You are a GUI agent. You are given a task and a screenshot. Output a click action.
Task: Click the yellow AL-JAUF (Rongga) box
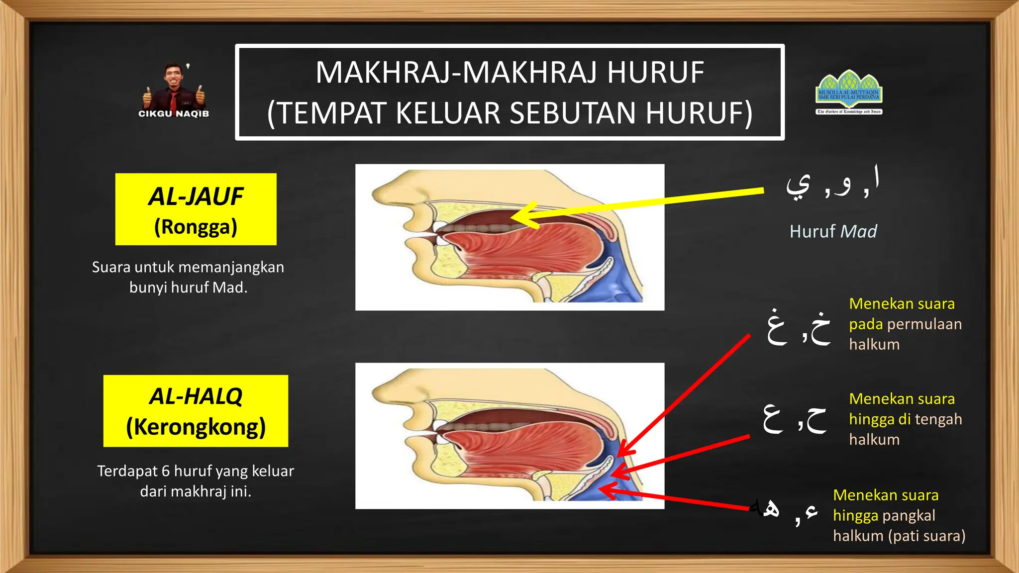(196, 209)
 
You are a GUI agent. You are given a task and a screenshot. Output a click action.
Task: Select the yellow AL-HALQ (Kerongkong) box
(196, 411)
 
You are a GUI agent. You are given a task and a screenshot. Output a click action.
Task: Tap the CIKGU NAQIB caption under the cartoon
(174, 114)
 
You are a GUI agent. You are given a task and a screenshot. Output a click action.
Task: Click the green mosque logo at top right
(849, 92)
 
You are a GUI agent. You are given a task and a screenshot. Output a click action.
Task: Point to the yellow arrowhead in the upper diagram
(522, 216)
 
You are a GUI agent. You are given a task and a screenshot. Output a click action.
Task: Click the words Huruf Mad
(833, 232)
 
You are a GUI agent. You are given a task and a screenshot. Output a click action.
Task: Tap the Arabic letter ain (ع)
(773, 418)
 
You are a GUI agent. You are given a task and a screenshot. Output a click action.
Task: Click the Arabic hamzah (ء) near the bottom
(811, 511)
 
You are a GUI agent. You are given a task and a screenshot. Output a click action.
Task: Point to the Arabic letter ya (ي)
(798, 185)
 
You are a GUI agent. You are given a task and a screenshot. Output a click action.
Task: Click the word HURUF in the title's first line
(655, 73)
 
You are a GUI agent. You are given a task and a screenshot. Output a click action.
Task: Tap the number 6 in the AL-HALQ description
(165, 471)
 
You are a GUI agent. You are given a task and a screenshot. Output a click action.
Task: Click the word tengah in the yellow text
(937, 419)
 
